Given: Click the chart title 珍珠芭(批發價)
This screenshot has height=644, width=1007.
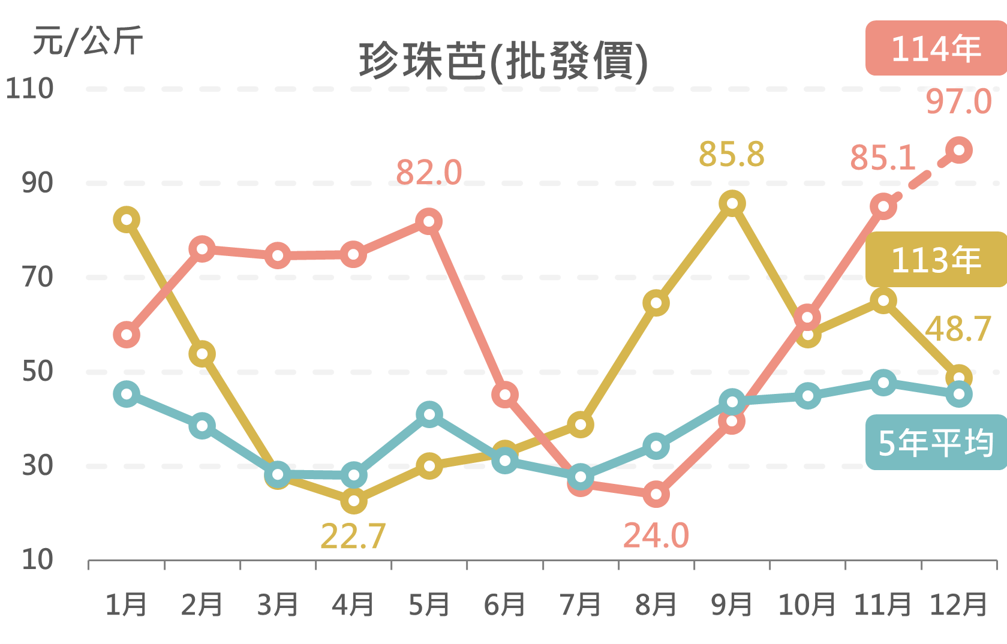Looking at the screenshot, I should [504, 61].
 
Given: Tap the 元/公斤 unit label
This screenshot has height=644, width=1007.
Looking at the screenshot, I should [88, 41].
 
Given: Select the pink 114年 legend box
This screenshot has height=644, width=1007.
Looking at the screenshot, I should [936, 49].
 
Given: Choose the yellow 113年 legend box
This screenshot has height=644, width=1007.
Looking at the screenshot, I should [936, 260].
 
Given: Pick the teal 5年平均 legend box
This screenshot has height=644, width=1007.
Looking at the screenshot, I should [936, 443].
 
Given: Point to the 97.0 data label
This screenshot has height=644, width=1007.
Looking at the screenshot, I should [958, 101].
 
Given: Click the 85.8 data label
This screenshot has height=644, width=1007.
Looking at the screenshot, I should [732, 154].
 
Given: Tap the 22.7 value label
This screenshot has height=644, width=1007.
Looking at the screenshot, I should [353, 536].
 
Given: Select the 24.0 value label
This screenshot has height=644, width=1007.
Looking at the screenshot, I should [656, 535].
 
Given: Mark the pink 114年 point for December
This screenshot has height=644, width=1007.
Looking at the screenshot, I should [958, 150].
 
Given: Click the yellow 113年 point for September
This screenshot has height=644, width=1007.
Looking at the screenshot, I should [732, 203].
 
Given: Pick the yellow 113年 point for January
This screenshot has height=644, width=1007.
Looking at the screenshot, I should [127, 219].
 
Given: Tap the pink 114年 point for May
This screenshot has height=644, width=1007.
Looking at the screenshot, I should [429, 221].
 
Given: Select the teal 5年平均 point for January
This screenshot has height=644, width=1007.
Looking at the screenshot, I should [127, 394].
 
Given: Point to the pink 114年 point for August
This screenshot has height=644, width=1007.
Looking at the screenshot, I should [656, 494].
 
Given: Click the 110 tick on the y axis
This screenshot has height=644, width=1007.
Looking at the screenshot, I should [29, 89].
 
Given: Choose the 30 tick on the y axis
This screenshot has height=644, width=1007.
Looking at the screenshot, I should [37, 465].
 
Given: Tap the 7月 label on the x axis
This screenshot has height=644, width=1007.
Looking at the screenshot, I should [580, 604].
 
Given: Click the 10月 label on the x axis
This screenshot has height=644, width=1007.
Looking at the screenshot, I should [807, 604].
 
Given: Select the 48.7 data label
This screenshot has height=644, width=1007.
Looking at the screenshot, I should [958, 329].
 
